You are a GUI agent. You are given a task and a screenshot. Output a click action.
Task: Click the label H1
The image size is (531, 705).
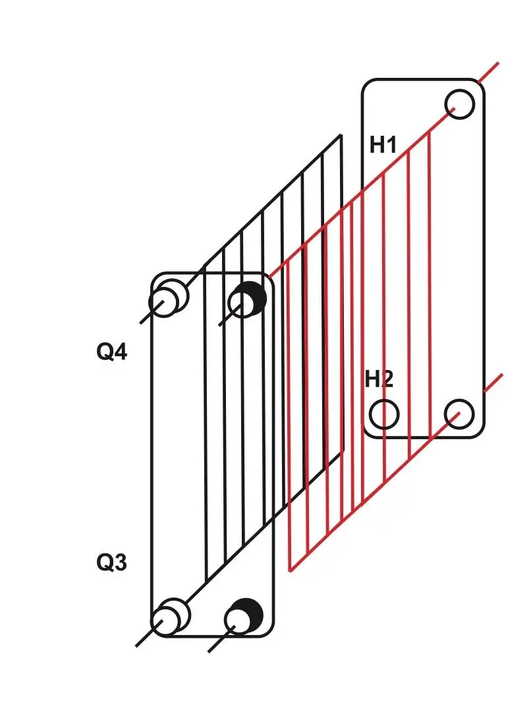[383, 144]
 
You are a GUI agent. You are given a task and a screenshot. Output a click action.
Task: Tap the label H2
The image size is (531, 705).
[379, 379]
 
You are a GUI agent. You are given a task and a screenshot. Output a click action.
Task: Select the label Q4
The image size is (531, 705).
[112, 352]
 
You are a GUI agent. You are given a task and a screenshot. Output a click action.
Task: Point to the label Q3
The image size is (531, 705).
[112, 563]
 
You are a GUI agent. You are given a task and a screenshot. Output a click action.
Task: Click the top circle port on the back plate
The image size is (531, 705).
[459, 104]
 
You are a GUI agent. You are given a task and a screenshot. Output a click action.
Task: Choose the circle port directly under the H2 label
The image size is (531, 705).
[384, 414]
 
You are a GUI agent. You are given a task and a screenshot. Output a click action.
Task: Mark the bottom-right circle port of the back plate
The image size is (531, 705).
[459, 414]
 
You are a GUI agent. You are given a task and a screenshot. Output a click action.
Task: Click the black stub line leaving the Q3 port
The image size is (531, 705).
[140, 642]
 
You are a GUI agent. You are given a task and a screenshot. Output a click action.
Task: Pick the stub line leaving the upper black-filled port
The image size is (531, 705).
[223, 321]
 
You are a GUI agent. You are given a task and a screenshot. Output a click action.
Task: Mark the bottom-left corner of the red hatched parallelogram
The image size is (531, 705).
[290, 570]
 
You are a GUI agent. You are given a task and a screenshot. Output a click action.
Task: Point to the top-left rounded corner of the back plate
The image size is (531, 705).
[366, 84]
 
